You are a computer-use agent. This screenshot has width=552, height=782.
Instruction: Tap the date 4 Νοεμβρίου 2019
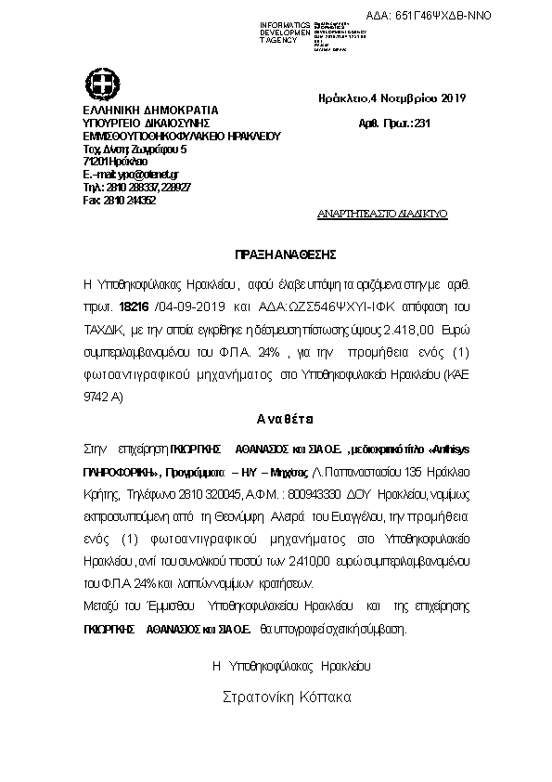point(422,98)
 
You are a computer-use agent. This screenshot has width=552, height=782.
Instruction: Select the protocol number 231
point(422,124)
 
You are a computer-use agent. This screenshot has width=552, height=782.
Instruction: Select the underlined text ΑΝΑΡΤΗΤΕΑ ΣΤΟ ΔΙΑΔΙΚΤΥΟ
point(394,214)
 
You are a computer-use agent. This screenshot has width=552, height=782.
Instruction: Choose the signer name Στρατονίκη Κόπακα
point(288,696)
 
